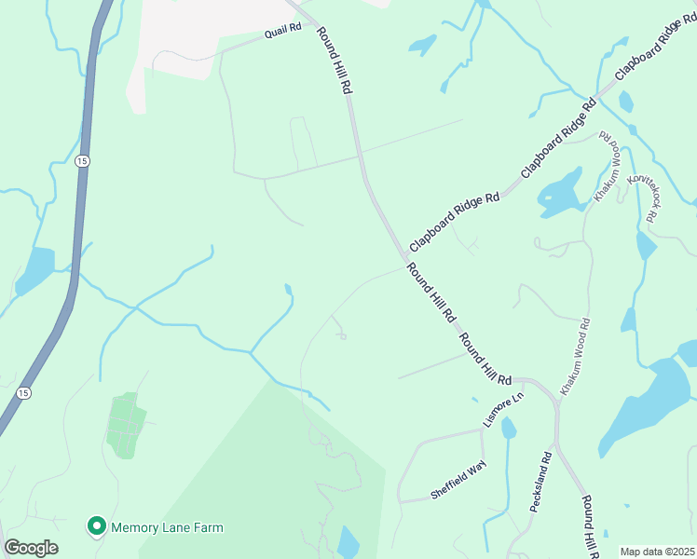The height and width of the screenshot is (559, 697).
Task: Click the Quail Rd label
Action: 283,30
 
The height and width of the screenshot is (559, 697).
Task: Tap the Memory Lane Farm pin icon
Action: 95,527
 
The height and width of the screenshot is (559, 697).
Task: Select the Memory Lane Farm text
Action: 168,527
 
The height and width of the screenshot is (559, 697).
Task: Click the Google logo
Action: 31,548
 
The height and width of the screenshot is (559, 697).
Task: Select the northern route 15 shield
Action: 83,161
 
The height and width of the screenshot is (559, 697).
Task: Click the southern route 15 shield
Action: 23,393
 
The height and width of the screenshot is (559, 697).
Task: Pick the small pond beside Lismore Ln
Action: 508,428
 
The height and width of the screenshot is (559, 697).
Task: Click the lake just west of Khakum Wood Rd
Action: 563,192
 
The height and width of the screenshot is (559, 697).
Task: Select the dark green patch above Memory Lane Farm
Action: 127,425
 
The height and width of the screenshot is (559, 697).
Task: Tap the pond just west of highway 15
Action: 35,270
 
